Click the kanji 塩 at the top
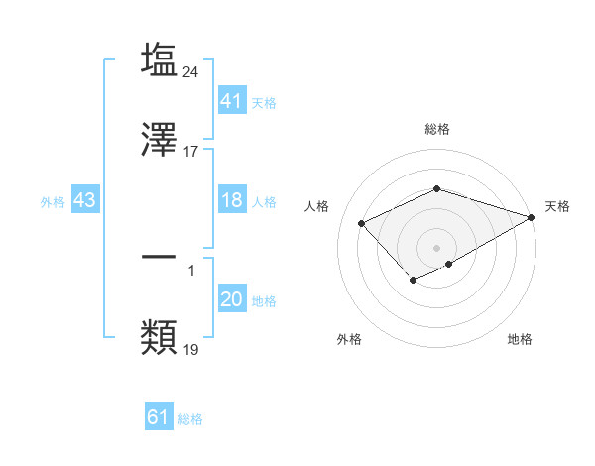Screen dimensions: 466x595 coord(159,60)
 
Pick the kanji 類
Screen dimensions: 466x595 coord(159,337)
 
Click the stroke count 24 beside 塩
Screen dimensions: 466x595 coord(191,71)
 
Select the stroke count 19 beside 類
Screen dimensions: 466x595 coord(191,349)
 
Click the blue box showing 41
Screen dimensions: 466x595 coord(231,101)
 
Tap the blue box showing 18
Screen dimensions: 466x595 coord(231,200)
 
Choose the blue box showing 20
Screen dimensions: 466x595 coord(231,299)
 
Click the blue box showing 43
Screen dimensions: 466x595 coord(85,200)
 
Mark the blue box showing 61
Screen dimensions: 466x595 coord(159,417)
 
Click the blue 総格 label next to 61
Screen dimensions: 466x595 coord(190,419)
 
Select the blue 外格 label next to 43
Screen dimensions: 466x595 coord(53,202)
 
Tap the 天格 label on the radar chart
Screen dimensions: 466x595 coord(557,206)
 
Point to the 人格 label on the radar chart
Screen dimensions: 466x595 coord(316,206)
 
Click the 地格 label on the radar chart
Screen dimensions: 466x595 coord(520,339)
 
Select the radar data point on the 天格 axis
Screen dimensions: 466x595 coord(532,217)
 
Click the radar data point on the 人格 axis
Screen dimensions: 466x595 coord(362,224)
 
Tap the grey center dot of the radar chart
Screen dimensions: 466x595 coord(436,248)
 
